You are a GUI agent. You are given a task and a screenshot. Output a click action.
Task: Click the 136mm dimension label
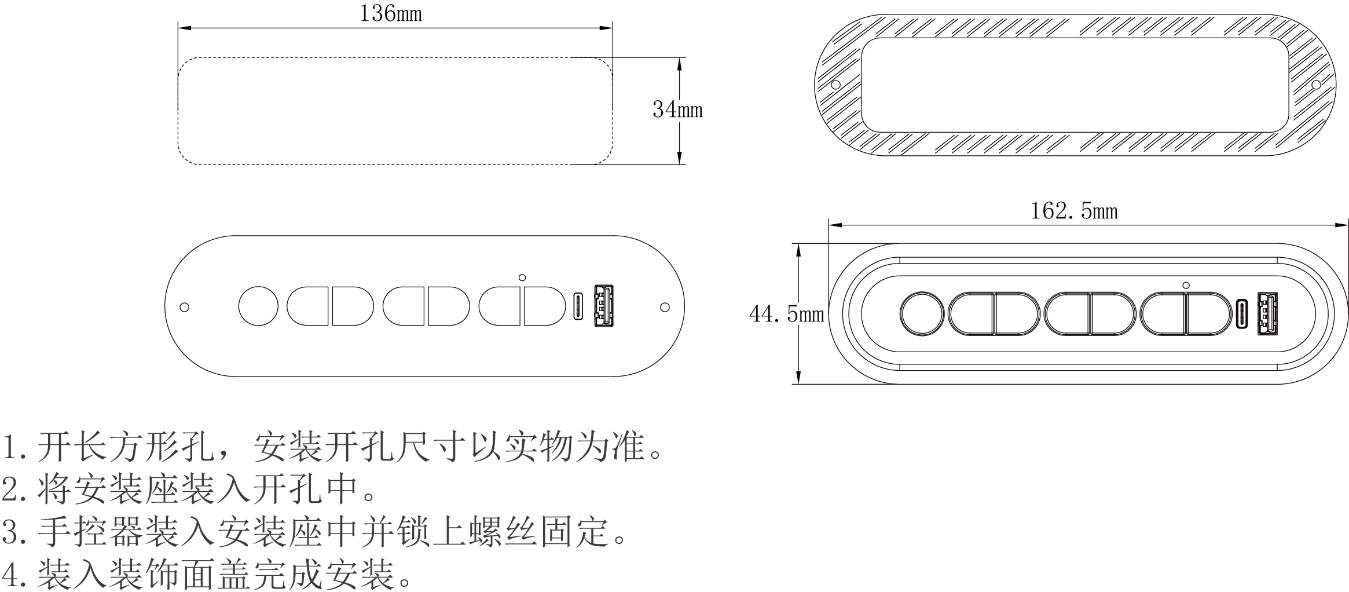[x=391, y=13]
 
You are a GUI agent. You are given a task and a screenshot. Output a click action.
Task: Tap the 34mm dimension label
[x=677, y=109]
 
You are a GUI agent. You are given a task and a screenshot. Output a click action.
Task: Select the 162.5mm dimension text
[x=1074, y=211]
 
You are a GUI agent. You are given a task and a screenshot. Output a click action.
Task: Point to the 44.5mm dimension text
[x=786, y=314]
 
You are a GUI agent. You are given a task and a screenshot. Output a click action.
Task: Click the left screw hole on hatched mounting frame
[x=835, y=85]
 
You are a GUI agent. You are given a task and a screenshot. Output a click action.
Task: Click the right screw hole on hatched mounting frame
[x=1316, y=85]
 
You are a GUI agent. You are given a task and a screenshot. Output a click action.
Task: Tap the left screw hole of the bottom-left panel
[x=184, y=307]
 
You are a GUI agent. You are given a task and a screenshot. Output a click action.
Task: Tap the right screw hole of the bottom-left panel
[x=665, y=307]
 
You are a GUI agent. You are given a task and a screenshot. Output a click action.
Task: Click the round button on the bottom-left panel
[x=258, y=306]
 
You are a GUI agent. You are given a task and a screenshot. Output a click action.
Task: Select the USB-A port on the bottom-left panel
[x=603, y=306]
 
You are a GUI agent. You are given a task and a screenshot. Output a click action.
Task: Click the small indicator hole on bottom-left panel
[x=522, y=277]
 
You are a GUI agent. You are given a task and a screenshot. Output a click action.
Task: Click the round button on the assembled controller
[x=922, y=313]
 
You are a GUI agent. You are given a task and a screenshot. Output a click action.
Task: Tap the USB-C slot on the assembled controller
[x=1241, y=313]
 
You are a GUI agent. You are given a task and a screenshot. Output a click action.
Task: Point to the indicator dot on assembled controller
[x=1186, y=285]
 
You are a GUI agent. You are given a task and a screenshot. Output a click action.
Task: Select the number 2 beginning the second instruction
[x=10, y=489]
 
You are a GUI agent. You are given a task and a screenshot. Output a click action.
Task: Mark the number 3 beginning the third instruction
[x=10, y=531]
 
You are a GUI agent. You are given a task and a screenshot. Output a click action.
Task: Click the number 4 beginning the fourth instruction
[x=10, y=573]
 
